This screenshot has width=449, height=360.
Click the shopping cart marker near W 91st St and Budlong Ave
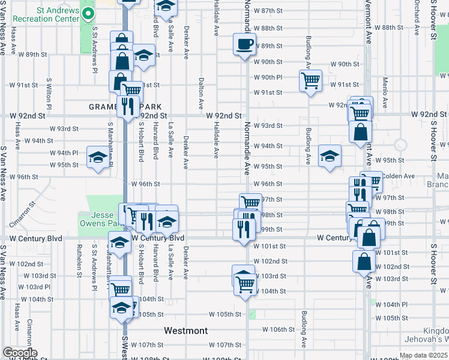311,80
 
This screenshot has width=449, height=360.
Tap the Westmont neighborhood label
186,331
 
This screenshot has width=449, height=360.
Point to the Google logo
20,353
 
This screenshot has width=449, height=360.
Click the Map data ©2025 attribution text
423,355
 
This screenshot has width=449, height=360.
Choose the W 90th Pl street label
268,77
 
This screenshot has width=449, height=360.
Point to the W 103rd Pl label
34,287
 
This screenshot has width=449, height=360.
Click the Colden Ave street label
399,176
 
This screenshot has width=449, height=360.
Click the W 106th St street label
279,329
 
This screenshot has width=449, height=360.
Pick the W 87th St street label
268,11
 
